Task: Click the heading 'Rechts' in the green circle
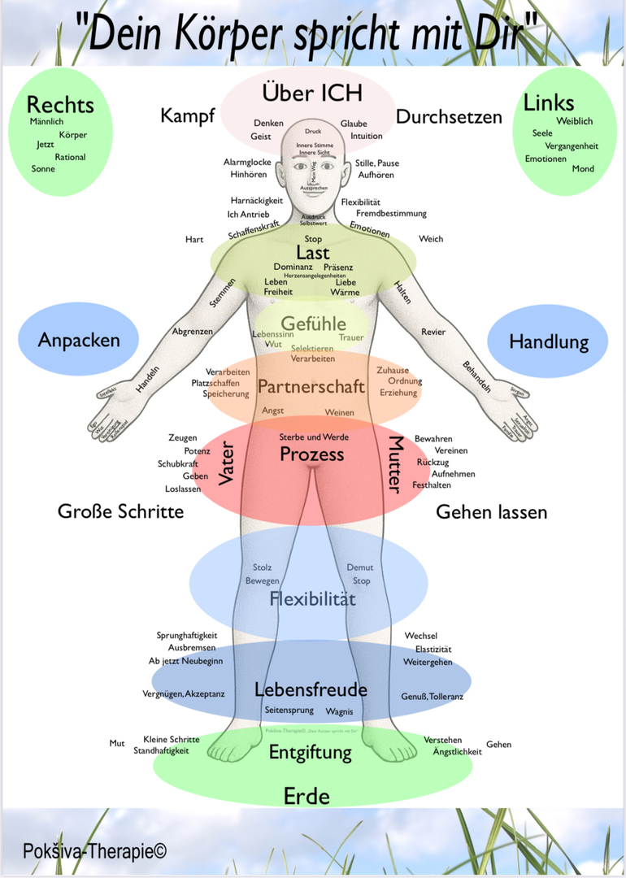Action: (x=60, y=105)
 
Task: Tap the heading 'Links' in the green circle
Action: (x=549, y=102)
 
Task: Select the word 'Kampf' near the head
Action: (x=187, y=115)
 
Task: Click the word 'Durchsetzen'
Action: (x=449, y=116)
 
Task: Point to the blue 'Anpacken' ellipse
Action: (x=79, y=340)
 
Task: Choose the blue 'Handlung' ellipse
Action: (x=548, y=341)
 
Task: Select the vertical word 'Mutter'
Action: (x=395, y=465)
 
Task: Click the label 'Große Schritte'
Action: (x=120, y=511)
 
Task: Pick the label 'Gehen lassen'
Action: (x=492, y=512)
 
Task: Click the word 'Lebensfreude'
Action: (x=311, y=690)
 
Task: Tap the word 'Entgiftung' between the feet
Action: (x=311, y=752)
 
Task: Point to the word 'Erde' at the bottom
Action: (x=306, y=796)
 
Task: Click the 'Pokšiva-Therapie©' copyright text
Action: (x=94, y=851)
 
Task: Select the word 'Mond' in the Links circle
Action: (x=583, y=169)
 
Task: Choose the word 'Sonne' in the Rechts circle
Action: (x=43, y=169)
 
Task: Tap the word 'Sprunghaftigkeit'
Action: (x=187, y=635)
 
